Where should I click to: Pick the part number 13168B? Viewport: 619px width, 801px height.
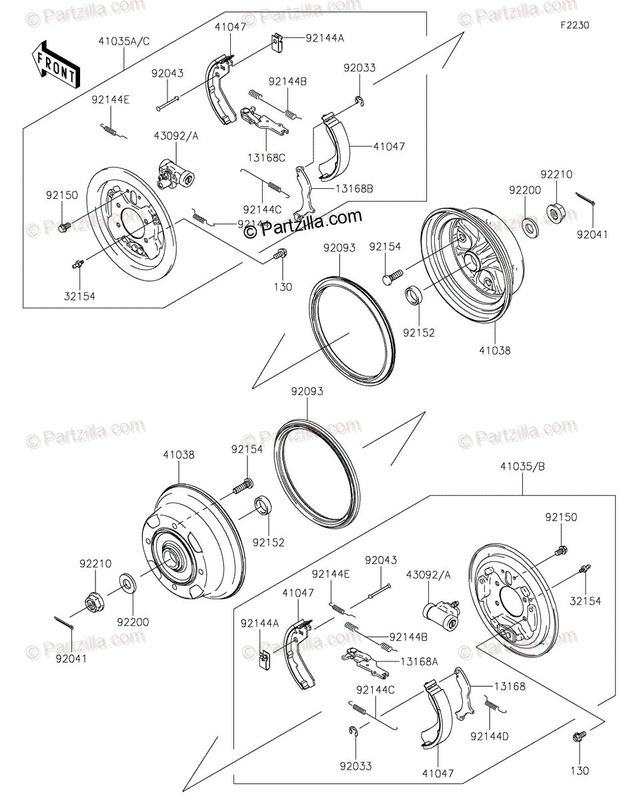[x=355, y=189]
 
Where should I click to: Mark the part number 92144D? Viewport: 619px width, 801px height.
[x=490, y=737]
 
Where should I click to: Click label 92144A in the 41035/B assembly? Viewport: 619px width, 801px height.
[x=260, y=623]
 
